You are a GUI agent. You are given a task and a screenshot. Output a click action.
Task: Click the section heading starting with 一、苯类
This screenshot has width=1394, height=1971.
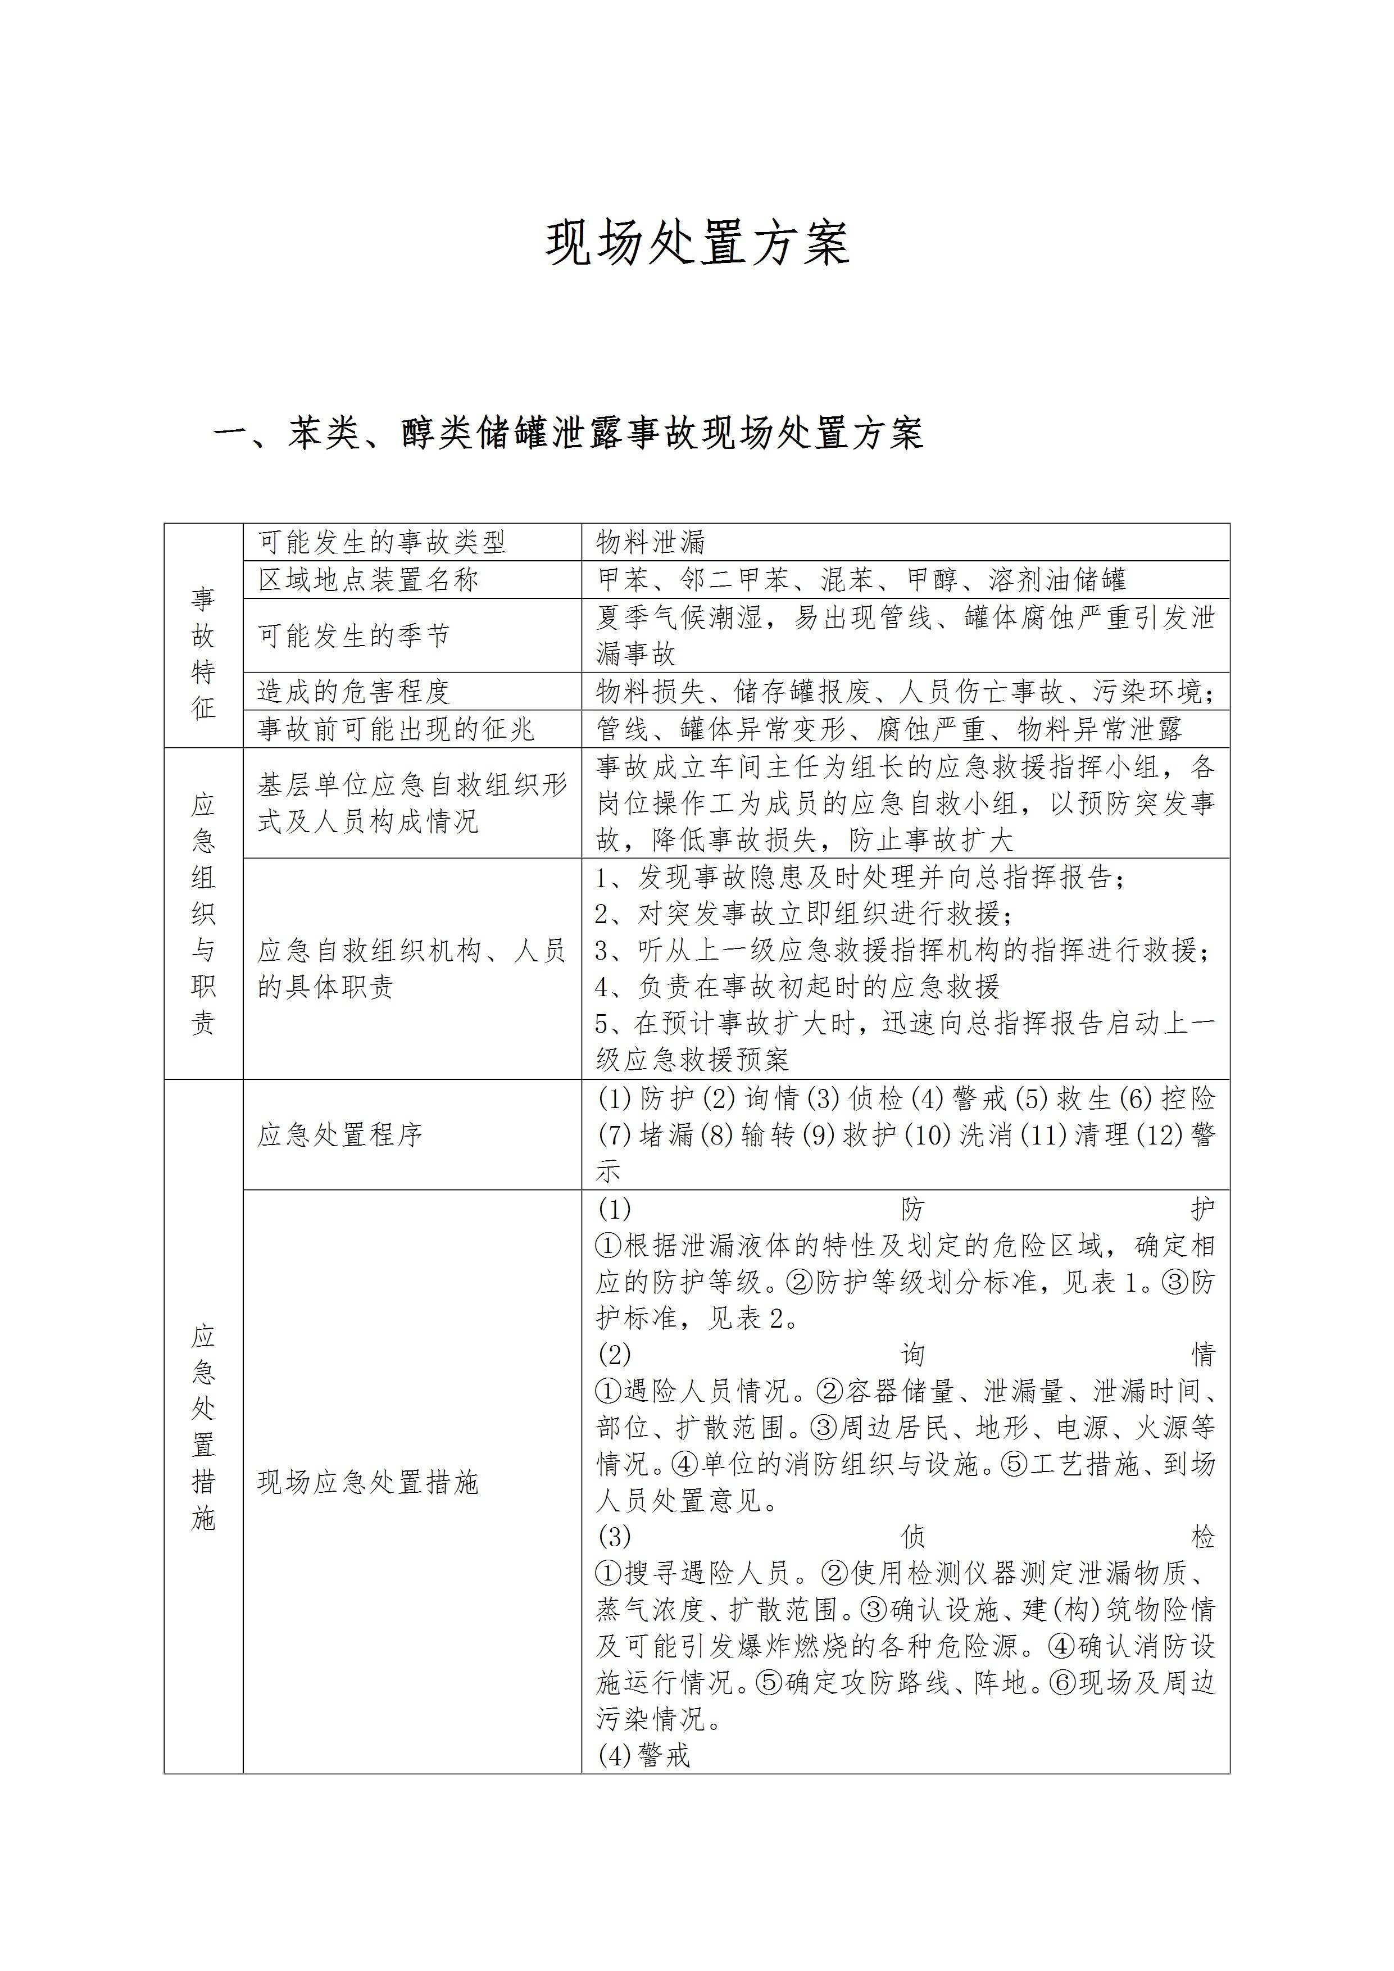[x=568, y=434]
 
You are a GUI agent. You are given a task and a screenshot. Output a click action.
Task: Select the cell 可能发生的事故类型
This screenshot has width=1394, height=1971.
[x=382, y=543]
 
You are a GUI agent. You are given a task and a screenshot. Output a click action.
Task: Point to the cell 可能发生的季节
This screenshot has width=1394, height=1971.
[x=353, y=635]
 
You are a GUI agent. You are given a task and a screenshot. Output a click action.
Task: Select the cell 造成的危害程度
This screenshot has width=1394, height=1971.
[x=353, y=691]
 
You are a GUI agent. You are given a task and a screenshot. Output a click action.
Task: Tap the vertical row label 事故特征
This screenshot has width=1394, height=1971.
[x=203, y=653]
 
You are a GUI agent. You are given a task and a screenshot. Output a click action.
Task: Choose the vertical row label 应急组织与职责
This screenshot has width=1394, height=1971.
[x=203, y=914]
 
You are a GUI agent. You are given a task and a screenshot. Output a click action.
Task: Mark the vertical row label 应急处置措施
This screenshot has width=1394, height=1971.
[x=203, y=1428]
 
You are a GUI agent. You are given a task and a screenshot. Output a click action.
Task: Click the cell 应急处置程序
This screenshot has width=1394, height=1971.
[x=340, y=1135]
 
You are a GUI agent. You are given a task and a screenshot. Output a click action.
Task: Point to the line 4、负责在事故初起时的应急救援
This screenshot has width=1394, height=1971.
[x=798, y=987]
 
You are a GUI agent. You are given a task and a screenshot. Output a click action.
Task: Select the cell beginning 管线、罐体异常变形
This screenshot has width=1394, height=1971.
[x=888, y=729]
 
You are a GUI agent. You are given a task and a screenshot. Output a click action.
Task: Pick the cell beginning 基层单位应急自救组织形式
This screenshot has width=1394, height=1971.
[x=412, y=803]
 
